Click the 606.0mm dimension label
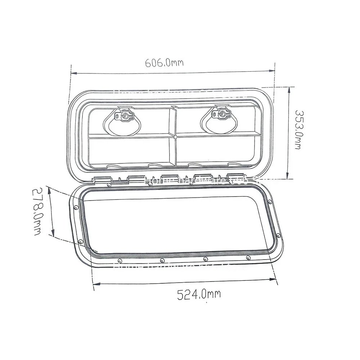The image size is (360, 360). pyautogui.click(x=164, y=63)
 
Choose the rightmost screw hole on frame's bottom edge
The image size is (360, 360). pyautogui.click(x=248, y=257)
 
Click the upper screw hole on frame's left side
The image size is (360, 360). pyautogui.click(x=75, y=208)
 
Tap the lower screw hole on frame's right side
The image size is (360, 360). pyautogui.click(x=278, y=236)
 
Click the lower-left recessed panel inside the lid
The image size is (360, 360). pyautogui.click(x=128, y=151)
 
